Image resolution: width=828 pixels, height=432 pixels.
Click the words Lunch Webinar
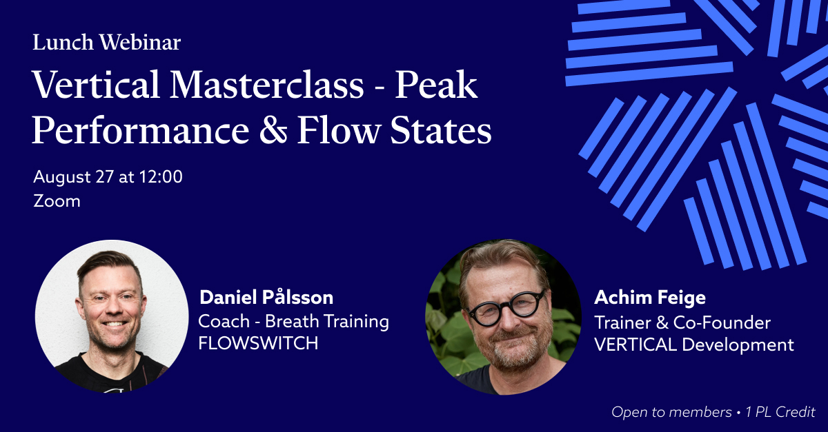click(x=107, y=42)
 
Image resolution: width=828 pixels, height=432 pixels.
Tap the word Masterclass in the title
click(x=267, y=85)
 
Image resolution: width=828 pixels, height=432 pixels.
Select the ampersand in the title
click(x=273, y=130)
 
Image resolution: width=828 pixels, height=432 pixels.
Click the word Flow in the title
click(x=339, y=130)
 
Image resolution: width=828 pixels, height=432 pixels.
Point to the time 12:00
click(x=161, y=176)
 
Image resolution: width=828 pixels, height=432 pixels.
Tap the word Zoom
click(x=57, y=201)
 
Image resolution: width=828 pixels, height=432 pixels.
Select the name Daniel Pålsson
click(x=266, y=297)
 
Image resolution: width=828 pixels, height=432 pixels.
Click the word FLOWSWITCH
click(x=258, y=343)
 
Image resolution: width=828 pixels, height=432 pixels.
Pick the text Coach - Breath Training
click(x=293, y=322)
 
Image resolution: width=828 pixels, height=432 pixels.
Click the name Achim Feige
click(x=650, y=298)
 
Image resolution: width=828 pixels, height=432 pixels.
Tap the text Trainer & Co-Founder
click(x=682, y=322)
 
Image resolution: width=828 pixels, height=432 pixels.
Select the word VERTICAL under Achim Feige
click(x=635, y=344)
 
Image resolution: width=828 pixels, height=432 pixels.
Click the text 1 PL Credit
click(x=780, y=412)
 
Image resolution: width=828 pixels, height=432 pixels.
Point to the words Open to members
click(x=671, y=412)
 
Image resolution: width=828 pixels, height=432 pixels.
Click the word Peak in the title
click(x=436, y=85)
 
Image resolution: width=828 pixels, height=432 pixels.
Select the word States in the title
click(x=441, y=130)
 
